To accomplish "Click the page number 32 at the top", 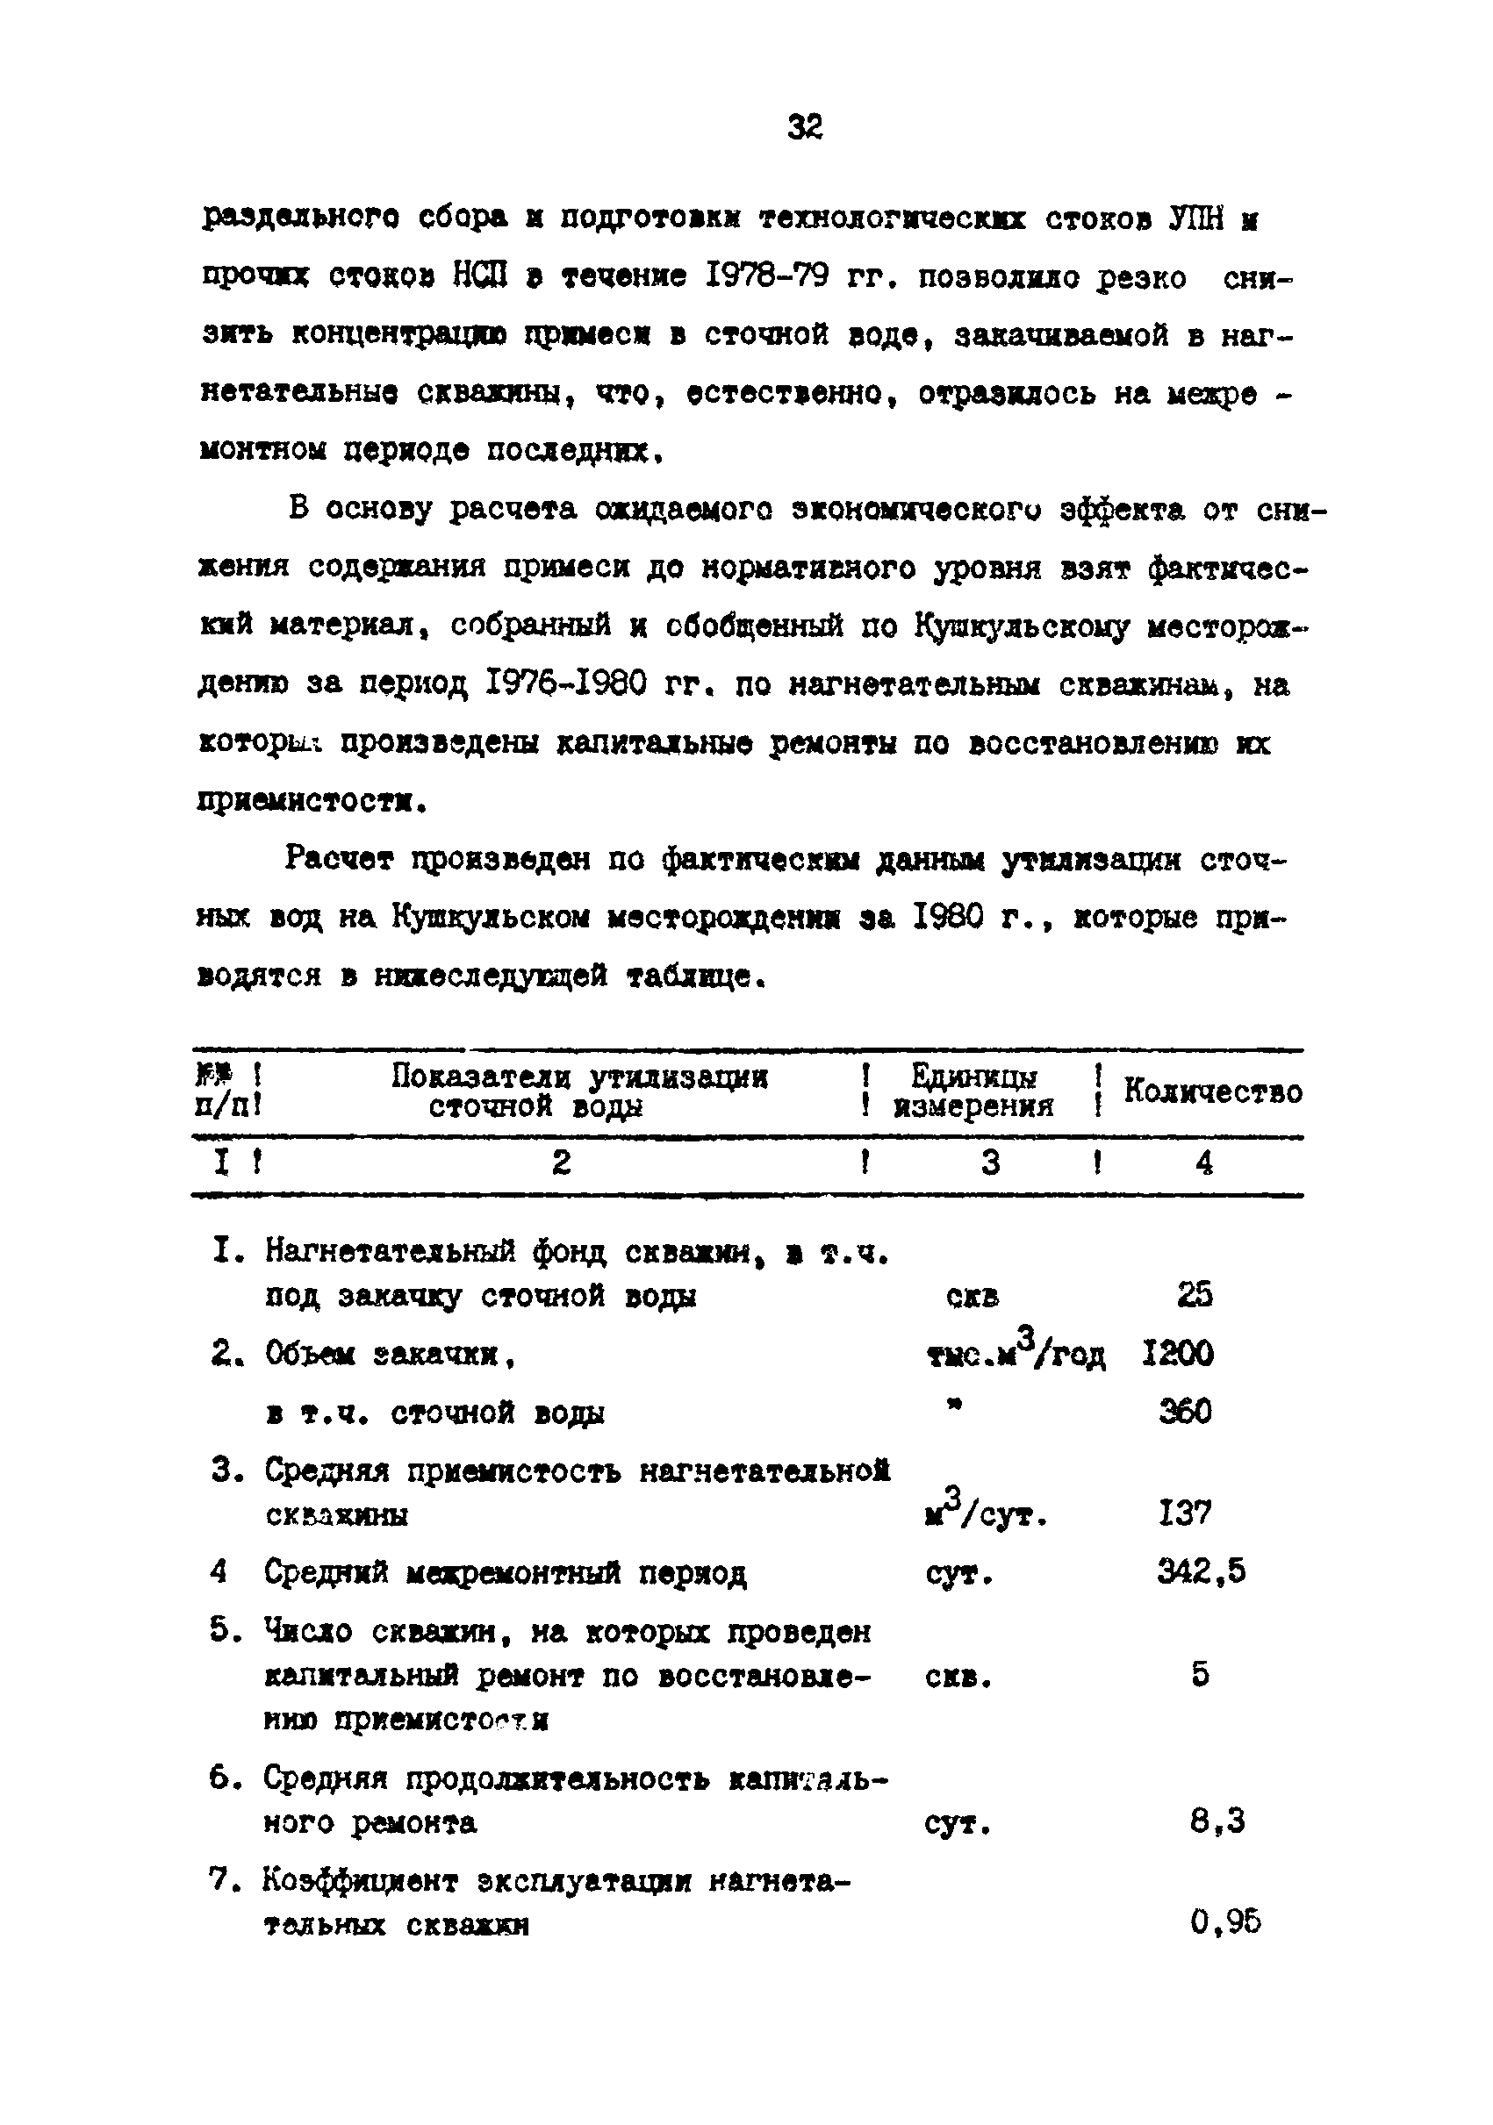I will point(804,127).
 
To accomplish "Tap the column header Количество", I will point(1212,1092).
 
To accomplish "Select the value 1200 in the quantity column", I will point(1177,1354).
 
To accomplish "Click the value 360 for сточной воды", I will point(1185,1413).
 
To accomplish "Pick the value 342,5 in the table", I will point(1202,1571).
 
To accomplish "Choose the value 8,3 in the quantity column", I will point(1217,1821).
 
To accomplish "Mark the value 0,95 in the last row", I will point(1225,1923).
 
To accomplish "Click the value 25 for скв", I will point(1195,1295).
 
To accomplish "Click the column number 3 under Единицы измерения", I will point(990,1163).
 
